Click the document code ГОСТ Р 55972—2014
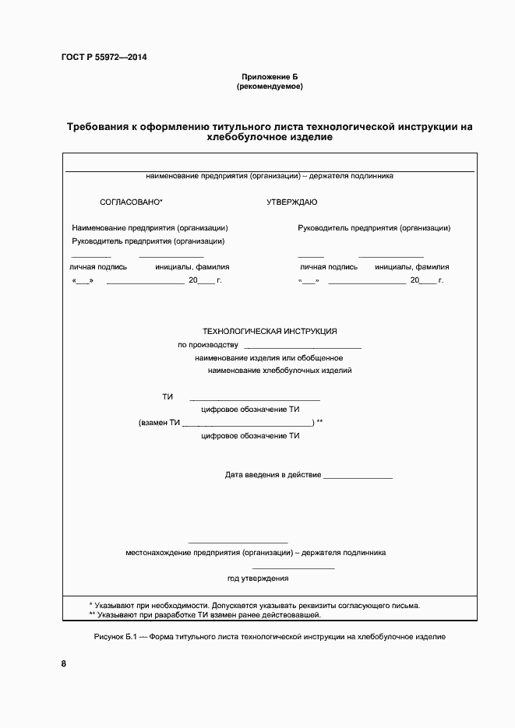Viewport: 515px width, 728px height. click(x=104, y=58)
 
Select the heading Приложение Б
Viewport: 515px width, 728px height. click(x=270, y=76)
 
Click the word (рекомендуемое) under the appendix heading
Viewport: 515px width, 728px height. click(x=270, y=86)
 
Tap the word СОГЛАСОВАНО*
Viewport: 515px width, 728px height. click(x=131, y=202)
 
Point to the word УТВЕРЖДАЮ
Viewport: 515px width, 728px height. click(x=291, y=202)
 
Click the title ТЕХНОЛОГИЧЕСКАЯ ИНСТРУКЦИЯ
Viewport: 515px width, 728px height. click(x=270, y=331)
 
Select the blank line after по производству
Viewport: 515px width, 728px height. click(x=302, y=346)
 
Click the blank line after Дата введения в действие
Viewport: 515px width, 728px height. click(x=358, y=476)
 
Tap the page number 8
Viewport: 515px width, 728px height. click(x=64, y=664)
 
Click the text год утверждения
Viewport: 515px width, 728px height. click(x=258, y=579)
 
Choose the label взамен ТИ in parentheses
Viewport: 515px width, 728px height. click(x=160, y=423)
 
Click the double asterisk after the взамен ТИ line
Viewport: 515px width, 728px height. click(x=319, y=422)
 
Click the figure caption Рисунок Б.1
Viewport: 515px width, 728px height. click(x=269, y=637)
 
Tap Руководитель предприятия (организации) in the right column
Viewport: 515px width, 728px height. click(x=374, y=228)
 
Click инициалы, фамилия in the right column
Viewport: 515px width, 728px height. click(x=411, y=266)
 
